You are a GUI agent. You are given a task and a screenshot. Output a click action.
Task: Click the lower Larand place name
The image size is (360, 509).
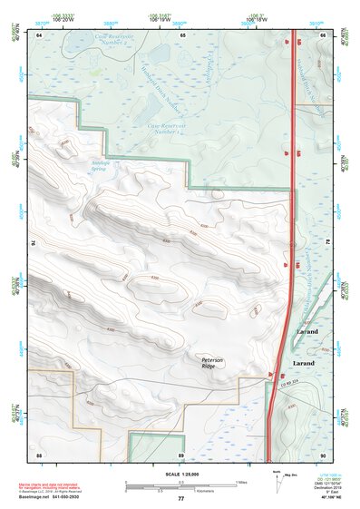304,363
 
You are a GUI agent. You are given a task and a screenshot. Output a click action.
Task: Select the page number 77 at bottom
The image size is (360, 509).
180,498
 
